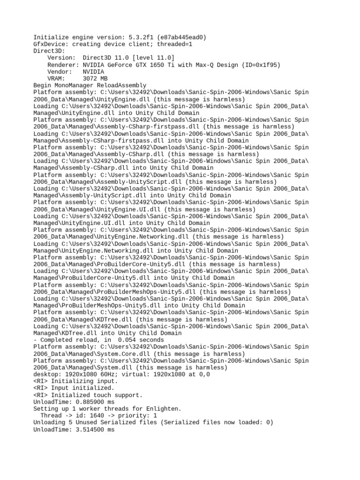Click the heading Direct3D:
click(x=49, y=51)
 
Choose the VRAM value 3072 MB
click(x=95, y=79)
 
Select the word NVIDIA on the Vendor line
click(x=93, y=72)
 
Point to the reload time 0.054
click(x=127, y=340)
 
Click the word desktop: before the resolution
click(x=47, y=375)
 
